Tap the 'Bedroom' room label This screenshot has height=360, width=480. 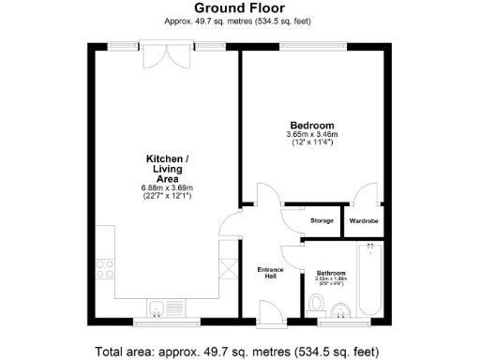(x=311, y=125)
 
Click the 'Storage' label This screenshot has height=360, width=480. (x=322, y=221)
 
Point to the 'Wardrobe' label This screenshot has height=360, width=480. (x=363, y=221)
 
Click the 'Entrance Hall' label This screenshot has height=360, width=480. (x=270, y=273)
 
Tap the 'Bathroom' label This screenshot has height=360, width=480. (x=331, y=273)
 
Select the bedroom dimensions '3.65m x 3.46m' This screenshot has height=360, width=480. (x=311, y=135)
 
